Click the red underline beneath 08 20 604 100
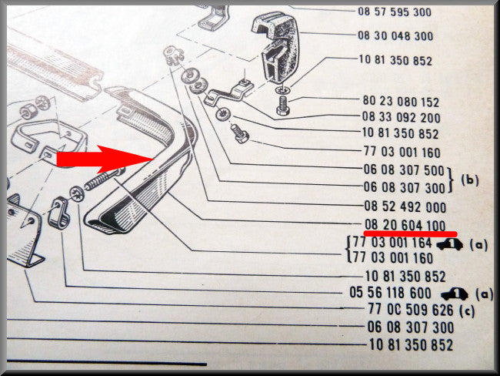(x=411, y=233)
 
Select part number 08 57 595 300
(x=395, y=12)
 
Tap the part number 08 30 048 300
(x=395, y=35)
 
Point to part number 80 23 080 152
(x=401, y=102)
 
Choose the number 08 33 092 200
(x=401, y=117)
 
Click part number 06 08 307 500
(x=404, y=170)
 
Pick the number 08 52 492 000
(x=405, y=206)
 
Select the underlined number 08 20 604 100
(x=405, y=225)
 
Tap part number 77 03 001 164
(x=392, y=243)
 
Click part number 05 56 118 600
(x=390, y=292)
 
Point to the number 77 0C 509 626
(x=411, y=309)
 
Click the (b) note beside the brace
(x=470, y=180)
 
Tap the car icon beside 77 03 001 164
(x=450, y=245)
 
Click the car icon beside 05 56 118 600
(x=455, y=294)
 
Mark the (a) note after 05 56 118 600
(x=484, y=294)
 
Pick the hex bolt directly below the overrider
(x=282, y=106)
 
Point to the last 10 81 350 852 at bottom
(x=411, y=345)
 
